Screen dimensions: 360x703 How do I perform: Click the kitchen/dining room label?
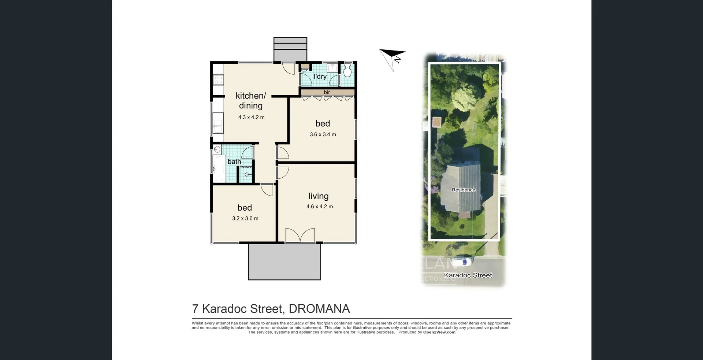pyautogui.click(x=251, y=101)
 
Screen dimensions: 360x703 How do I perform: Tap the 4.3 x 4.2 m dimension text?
pyautogui.click(x=251, y=118)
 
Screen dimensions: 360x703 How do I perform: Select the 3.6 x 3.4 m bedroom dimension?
pyautogui.click(x=323, y=134)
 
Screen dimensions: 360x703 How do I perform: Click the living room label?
pyautogui.click(x=318, y=196)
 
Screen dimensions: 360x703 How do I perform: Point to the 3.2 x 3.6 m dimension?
pyautogui.click(x=245, y=219)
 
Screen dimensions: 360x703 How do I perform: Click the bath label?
pyautogui.click(x=234, y=162)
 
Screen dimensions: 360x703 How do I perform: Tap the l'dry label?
pyautogui.click(x=320, y=77)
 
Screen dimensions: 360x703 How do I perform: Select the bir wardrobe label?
pyautogui.click(x=327, y=92)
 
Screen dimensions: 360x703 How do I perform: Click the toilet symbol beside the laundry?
pyautogui.click(x=347, y=71)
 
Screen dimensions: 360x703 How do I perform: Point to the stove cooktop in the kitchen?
pyautogui.click(x=218, y=80)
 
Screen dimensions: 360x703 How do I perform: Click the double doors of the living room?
pyautogui.click(x=300, y=235)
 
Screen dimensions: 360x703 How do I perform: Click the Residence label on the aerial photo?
pyautogui.click(x=463, y=190)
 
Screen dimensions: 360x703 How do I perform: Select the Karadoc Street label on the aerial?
pyautogui.click(x=468, y=275)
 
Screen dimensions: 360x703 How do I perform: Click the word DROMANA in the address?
pyautogui.click(x=319, y=309)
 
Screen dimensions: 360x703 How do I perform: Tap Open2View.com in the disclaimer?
pyautogui.click(x=439, y=333)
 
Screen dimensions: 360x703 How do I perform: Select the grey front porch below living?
pyautogui.click(x=284, y=262)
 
